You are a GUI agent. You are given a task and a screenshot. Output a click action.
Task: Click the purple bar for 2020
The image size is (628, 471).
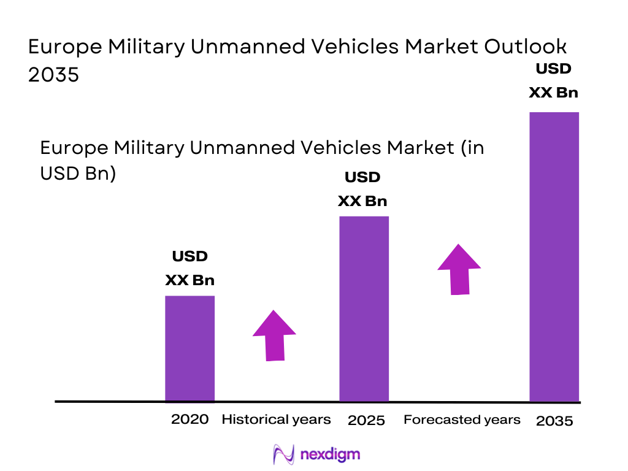click(x=190, y=348)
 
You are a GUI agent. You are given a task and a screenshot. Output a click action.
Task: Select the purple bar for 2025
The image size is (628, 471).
click(x=364, y=308)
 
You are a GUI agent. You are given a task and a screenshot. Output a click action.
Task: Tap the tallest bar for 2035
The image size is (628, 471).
click(x=554, y=256)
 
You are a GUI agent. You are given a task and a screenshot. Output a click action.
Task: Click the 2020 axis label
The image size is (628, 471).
click(x=190, y=419)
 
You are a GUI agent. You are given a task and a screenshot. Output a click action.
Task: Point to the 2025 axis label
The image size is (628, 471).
click(x=366, y=421)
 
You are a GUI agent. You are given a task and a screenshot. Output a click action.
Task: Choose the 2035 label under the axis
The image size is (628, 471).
click(x=554, y=421)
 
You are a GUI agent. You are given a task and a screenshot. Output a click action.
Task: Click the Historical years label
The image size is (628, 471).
click(x=276, y=419)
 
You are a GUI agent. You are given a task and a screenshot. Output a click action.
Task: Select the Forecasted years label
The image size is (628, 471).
click(x=462, y=419)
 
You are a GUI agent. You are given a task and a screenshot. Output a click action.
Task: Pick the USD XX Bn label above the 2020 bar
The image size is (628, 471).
click(x=190, y=268)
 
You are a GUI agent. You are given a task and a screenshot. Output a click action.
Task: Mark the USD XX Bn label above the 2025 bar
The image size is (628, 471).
click(x=362, y=189)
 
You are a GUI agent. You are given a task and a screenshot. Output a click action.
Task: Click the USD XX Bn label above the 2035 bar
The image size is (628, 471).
click(x=554, y=80)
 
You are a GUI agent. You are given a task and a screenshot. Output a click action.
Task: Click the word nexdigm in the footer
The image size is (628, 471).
click(x=331, y=454)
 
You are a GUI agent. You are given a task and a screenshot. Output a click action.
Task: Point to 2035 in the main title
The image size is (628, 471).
click(x=53, y=75)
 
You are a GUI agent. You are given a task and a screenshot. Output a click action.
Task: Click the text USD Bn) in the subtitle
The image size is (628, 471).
click(x=78, y=173)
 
